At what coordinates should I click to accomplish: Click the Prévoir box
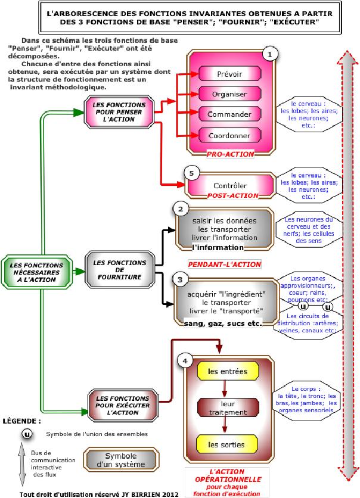[x=229, y=73]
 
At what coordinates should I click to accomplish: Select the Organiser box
[x=229, y=94]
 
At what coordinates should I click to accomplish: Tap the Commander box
[x=229, y=114]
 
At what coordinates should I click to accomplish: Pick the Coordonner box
[x=229, y=135]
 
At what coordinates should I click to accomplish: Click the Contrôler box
[x=230, y=185]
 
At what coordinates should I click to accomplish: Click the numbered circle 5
[x=191, y=173]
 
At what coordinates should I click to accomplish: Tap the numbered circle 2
[x=180, y=208]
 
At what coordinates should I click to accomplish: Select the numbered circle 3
[x=180, y=278]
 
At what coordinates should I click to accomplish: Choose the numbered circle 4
[x=186, y=360]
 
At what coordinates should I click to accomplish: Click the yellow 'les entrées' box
[x=227, y=371]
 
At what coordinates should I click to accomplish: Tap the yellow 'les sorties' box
[x=227, y=444]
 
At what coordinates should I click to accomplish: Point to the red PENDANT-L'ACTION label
[x=225, y=263]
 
